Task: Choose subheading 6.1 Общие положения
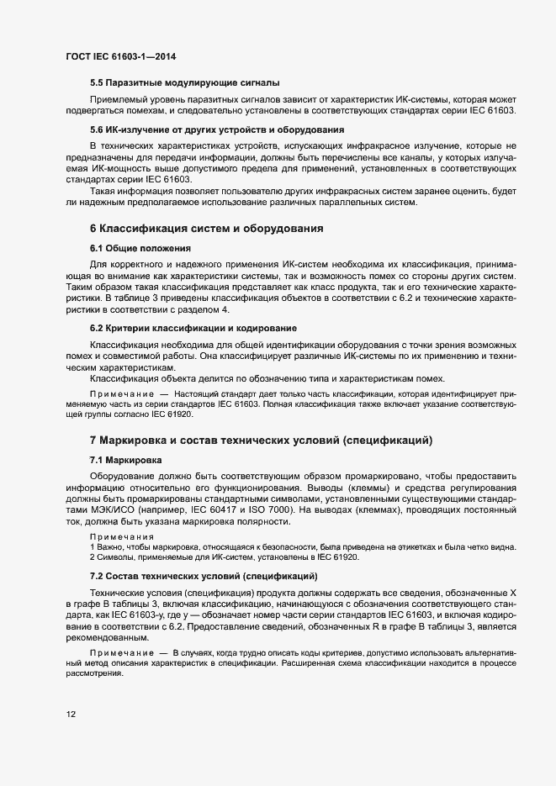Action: [x=140, y=249]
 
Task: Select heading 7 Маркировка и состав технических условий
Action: [x=261, y=440]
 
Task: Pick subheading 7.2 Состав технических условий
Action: [x=203, y=576]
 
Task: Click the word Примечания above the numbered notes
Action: [x=118, y=536]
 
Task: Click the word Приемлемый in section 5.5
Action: [x=120, y=99]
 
